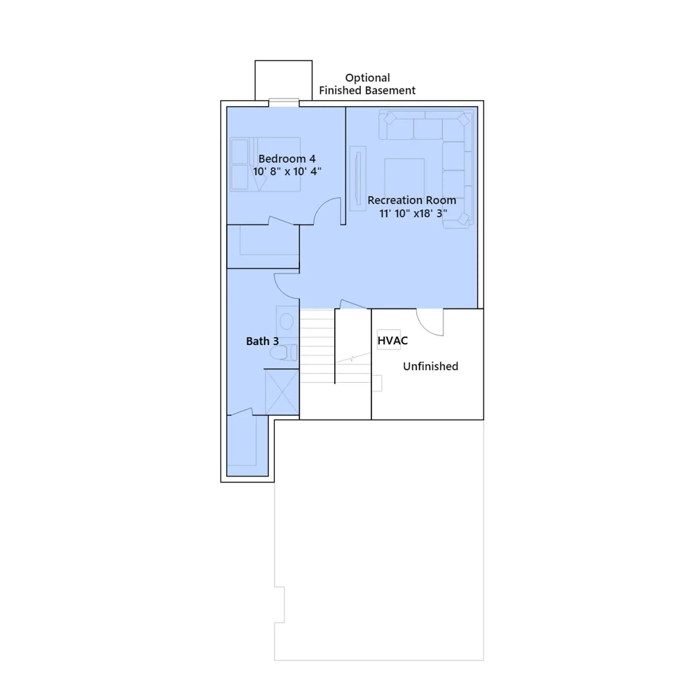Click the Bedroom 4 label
pyautogui.click(x=287, y=159)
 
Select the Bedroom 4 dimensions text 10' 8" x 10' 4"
pyautogui.click(x=287, y=171)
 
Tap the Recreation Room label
pyautogui.click(x=412, y=200)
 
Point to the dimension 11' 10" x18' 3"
pyautogui.click(x=413, y=213)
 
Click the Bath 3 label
pyautogui.click(x=262, y=341)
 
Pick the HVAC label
pyautogui.click(x=392, y=341)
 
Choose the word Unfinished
pyautogui.click(x=431, y=366)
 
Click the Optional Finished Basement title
pyautogui.click(x=367, y=84)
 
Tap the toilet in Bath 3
pyautogui.click(x=284, y=352)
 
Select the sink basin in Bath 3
pyautogui.click(x=286, y=322)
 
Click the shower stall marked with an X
pyautogui.click(x=282, y=392)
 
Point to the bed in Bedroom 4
pyautogui.click(x=265, y=164)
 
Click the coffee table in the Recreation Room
pyautogui.click(x=404, y=178)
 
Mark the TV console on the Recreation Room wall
pyautogui.click(x=358, y=178)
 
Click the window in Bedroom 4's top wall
pyautogui.click(x=284, y=103)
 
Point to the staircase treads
pyautogui.click(x=317, y=346)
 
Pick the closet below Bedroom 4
pyautogui.click(x=263, y=247)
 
